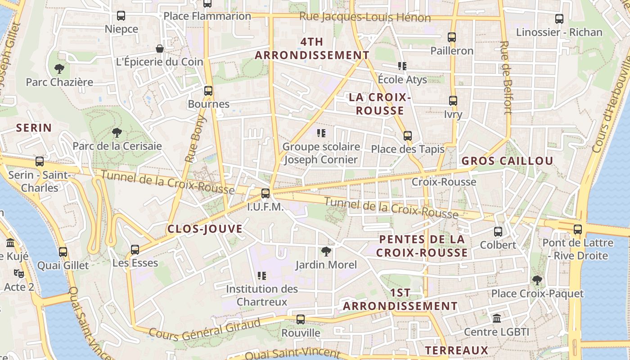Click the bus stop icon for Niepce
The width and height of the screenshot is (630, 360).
121,16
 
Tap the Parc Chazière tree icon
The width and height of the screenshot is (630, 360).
59,69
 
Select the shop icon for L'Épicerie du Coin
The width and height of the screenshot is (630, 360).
159,49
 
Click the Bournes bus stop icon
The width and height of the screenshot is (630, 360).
208,91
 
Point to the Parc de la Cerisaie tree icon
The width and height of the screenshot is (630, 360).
117,133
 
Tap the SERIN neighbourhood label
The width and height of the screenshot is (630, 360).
34,128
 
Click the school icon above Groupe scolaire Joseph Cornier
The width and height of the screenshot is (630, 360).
321,133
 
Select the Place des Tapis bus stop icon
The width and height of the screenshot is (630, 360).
408,135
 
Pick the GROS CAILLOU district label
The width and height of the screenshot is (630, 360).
507,161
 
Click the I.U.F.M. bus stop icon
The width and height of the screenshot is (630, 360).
265,193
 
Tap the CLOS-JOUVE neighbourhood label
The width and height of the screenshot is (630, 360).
205,229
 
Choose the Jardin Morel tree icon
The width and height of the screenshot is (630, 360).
326,252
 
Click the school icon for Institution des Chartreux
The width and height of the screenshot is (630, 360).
261,275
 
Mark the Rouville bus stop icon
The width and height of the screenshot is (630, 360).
301,319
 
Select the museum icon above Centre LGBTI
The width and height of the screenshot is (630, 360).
497,319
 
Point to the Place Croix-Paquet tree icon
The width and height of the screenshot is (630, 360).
537,280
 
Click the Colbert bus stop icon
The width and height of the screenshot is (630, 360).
498,232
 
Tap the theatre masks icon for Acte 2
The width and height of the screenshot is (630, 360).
19,273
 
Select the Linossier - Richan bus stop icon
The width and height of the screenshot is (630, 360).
559,19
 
